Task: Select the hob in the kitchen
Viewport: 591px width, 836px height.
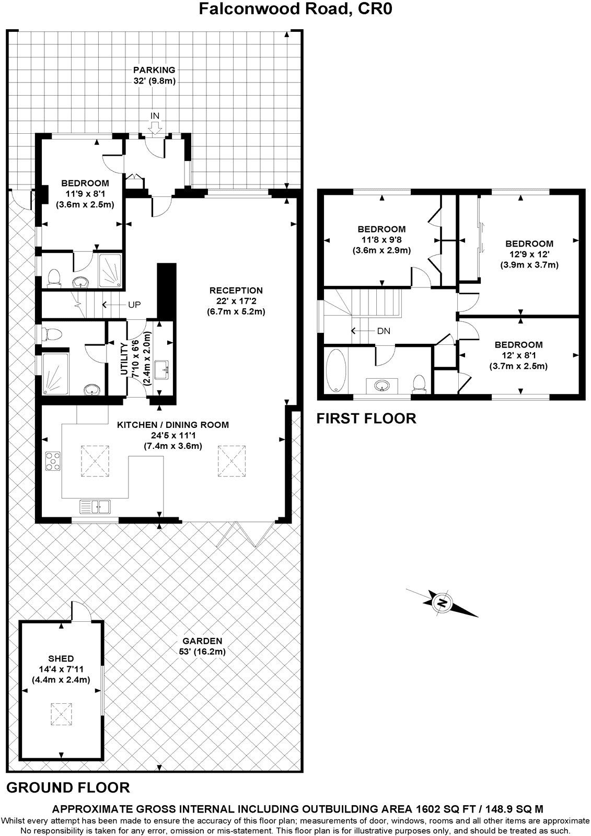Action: pos(53,461)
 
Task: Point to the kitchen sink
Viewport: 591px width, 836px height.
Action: pos(96,506)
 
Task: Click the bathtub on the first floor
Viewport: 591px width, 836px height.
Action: pos(334,371)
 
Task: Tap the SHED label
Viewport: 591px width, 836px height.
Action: pos(61,658)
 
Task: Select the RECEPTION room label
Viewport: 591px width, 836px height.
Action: pos(236,290)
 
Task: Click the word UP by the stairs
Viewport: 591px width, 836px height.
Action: pos(134,304)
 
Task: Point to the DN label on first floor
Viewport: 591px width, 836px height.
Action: pos(383,331)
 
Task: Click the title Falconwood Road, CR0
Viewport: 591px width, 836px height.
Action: pos(295,9)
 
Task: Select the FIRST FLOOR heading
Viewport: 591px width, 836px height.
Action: pos(366,419)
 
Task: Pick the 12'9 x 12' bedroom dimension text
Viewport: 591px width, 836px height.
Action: pos(529,254)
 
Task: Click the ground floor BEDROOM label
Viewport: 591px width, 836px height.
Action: pos(85,183)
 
